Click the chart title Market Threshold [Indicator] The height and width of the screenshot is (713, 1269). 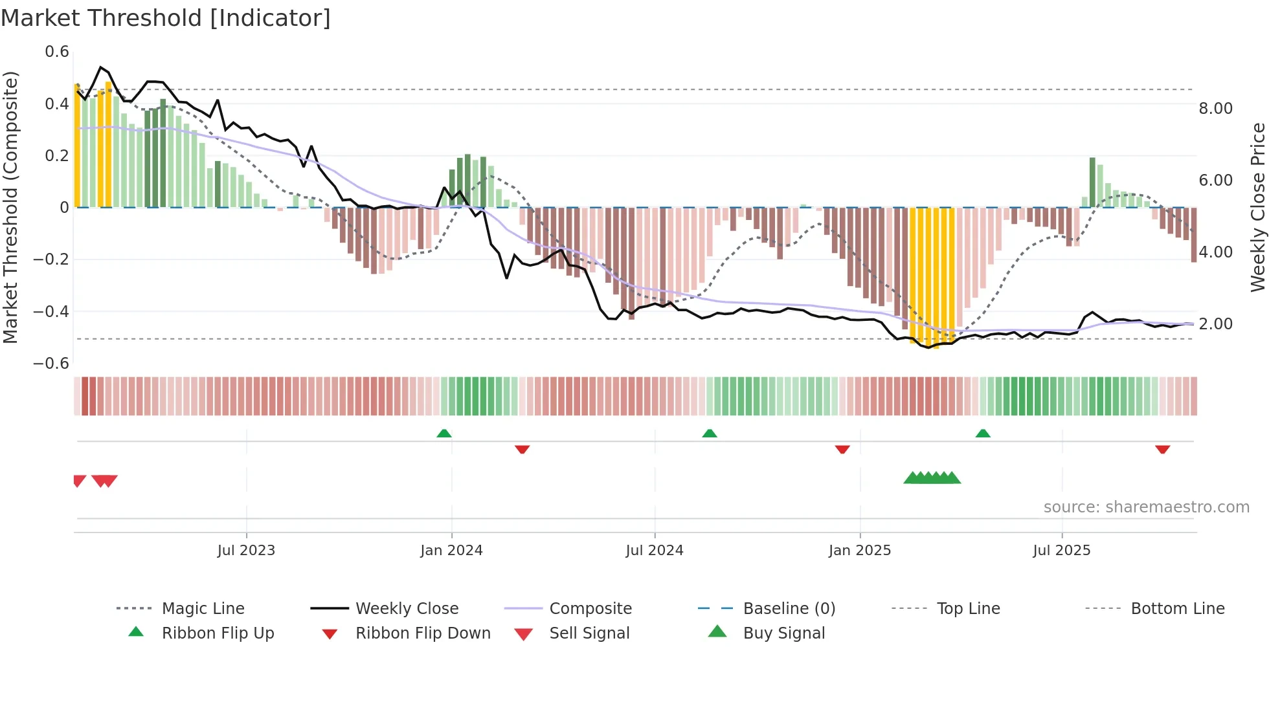point(166,18)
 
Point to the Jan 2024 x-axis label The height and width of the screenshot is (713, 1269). point(451,551)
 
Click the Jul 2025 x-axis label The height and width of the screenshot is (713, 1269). point(1061,551)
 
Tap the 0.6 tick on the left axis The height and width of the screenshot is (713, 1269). point(57,52)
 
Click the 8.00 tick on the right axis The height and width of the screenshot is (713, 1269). point(1215,109)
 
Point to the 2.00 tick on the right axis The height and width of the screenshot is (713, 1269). point(1215,324)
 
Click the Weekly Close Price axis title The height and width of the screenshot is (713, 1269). point(1257,207)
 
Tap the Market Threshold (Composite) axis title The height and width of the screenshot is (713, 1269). point(10,207)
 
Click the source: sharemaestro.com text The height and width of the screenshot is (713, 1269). point(1146,507)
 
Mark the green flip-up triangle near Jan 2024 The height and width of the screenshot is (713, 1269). point(444,433)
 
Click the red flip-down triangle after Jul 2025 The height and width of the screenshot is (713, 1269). point(1162,449)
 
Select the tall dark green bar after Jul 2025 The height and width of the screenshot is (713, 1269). point(1092,182)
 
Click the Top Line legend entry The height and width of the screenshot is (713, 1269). point(968,609)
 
